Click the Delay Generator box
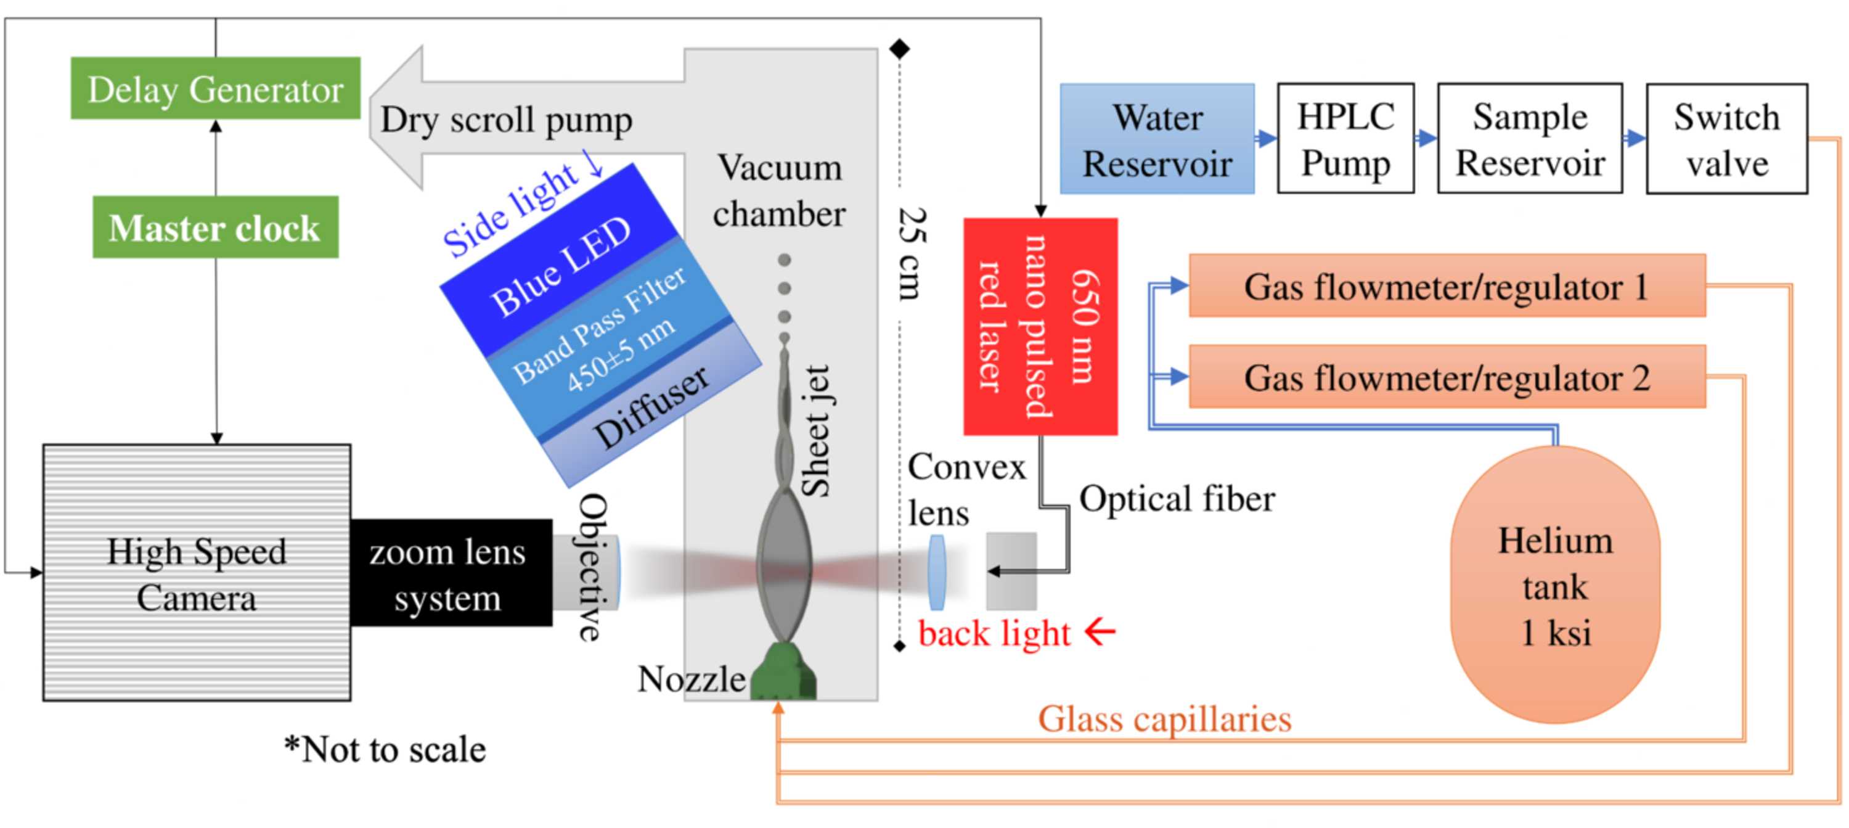[x=215, y=88]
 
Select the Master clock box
[x=215, y=227]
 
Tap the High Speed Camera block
[x=197, y=572]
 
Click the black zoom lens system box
[x=451, y=572]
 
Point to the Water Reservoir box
[x=1157, y=139]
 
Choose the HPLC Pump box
[x=1346, y=138]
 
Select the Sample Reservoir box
[x=1530, y=138]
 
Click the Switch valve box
[x=1726, y=139]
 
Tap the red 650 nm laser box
[x=1040, y=326]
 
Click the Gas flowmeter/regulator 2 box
[x=1447, y=376]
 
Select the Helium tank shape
[x=1555, y=584]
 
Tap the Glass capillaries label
[x=1164, y=719]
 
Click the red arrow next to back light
[x=1100, y=632]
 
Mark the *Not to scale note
[x=385, y=749]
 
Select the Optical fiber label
[x=1177, y=498]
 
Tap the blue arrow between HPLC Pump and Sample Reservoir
[x=1426, y=138]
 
